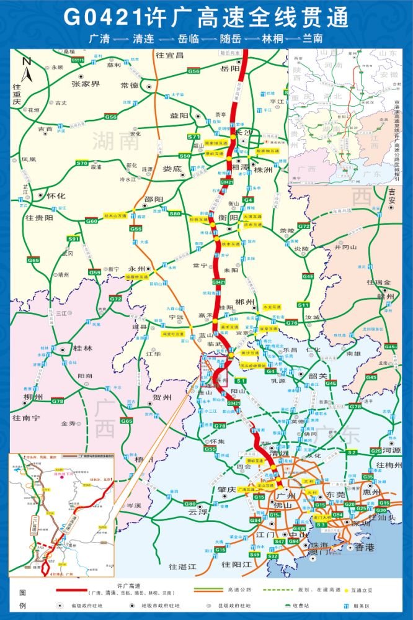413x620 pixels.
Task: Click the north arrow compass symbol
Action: point(26,64)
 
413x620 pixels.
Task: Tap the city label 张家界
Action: point(85,84)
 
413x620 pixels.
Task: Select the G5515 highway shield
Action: point(78,60)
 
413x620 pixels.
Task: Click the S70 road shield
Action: point(82,163)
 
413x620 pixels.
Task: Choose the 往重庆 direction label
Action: point(17,94)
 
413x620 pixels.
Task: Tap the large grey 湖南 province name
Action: point(115,141)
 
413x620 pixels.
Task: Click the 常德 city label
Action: point(130,85)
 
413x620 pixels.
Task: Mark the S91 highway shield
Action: point(73,238)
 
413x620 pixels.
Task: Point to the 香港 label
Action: point(364,547)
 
